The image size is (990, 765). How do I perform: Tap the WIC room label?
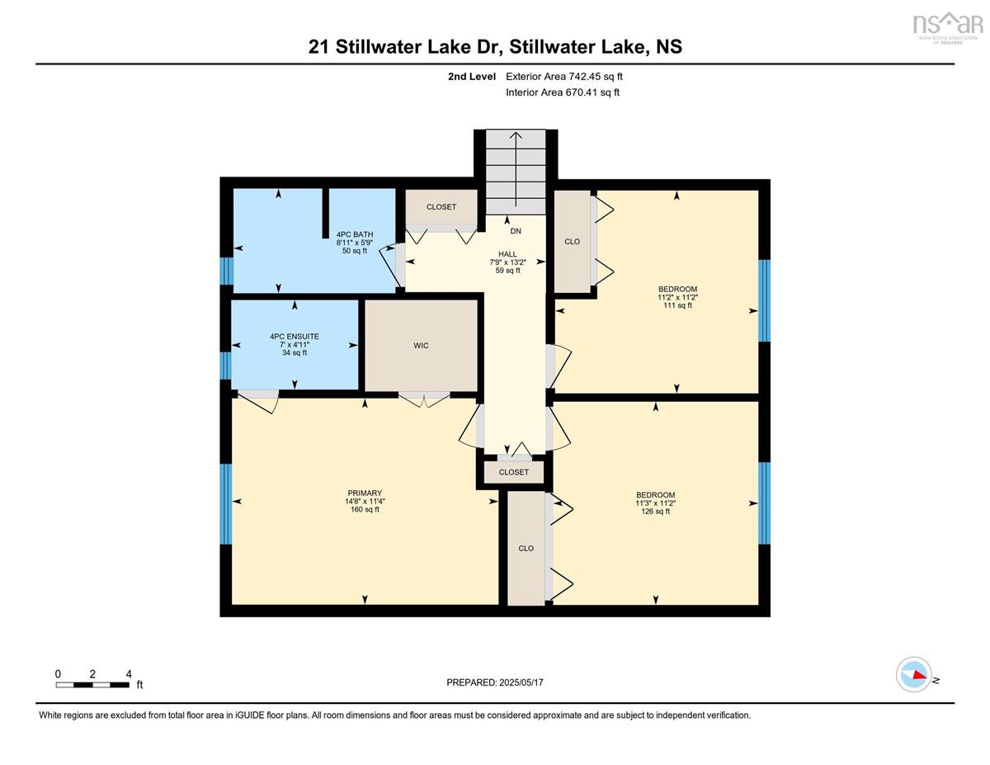click(x=421, y=346)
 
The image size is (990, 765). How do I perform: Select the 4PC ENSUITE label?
click(x=295, y=336)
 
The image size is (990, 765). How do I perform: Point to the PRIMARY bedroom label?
click(x=365, y=493)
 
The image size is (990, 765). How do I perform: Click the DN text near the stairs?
click(x=516, y=231)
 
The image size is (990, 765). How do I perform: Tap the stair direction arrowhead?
click(x=516, y=135)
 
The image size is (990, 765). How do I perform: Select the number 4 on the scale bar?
click(x=129, y=674)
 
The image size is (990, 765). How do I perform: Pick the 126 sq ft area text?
click(x=656, y=511)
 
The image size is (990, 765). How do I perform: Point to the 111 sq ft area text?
click(x=677, y=305)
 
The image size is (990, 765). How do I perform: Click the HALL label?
click(x=507, y=254)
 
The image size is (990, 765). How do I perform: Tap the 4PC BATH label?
click(x=355, y=234)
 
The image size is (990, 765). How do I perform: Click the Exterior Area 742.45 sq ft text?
click(x=564, y=77)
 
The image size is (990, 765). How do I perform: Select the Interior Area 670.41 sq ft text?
click(x=563, y=92)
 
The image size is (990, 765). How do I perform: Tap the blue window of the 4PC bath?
click(x=226, y=272)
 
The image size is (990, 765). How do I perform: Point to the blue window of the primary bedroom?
click(x=226, y=504)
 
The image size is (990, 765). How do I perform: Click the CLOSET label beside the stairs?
click(x=441, y=207)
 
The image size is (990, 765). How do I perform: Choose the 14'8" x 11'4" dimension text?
click(x=365, y=501)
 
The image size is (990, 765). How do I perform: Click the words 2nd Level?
click(x=472, y=77)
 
